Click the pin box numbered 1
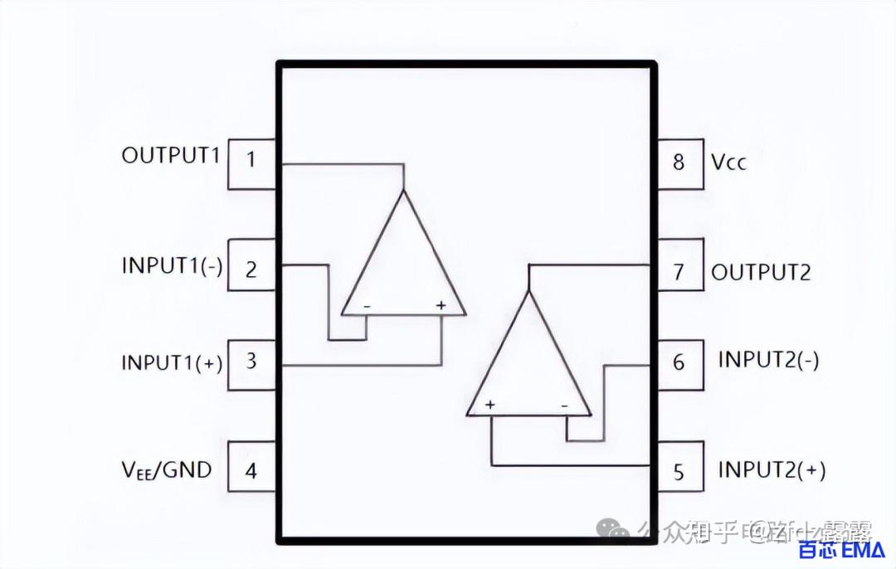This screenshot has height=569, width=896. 251,163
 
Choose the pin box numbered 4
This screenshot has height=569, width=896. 251,471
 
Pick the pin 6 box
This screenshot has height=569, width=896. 679,362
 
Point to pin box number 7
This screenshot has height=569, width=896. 679,270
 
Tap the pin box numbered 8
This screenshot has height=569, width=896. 679,163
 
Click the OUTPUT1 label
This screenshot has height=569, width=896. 171,155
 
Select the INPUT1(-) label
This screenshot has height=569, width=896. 172,266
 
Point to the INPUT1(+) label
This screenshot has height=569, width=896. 172,362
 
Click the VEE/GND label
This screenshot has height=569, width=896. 167,470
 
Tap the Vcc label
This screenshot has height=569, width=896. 728,162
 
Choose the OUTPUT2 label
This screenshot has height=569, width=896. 761,272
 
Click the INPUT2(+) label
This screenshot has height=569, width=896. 772,469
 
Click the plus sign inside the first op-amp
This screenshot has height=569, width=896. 441,306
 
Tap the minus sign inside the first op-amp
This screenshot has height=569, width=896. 366,307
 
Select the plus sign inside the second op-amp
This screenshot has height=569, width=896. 490,405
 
